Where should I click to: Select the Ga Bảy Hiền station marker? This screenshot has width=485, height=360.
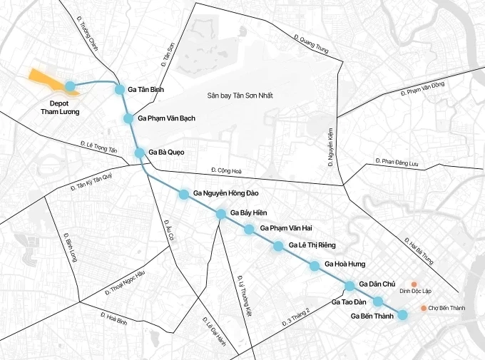(x=221, y=213)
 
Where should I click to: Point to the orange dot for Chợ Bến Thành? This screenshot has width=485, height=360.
(x=424, y=308)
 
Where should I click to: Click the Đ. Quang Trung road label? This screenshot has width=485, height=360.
(x=311, y=45)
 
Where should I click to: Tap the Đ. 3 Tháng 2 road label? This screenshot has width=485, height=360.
(x=297, y=317)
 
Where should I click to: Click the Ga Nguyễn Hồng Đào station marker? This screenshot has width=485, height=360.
(x=184, y=194)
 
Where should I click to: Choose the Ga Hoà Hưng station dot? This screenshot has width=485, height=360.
(x=315, y=266)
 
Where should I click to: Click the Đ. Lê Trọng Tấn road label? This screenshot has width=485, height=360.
(x=98, y=148)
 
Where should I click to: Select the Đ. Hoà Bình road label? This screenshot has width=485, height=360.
(x=113, y=319)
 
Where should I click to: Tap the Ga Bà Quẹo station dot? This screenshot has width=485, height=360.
(x=140, y=152)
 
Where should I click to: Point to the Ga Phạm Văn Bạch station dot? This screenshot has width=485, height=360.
(x=128, y=118)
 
